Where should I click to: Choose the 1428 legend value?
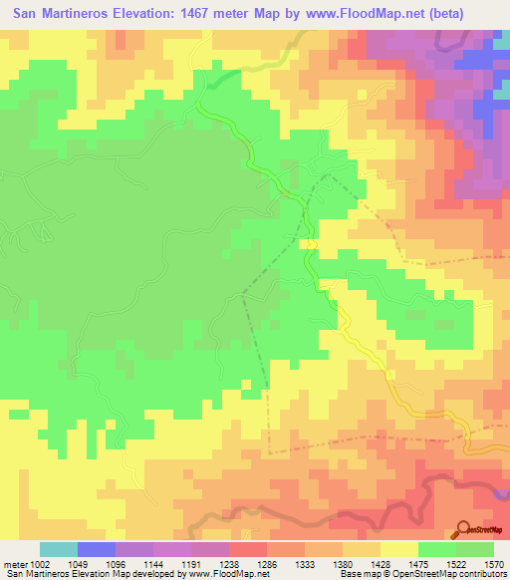pos(398,563)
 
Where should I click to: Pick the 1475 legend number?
pos(436,563)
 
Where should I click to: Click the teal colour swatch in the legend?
pos(58,549)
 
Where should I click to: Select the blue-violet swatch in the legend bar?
pos(96,549)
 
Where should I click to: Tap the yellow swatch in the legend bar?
pos(398,549)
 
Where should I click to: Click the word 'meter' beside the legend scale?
pos(17,563)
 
